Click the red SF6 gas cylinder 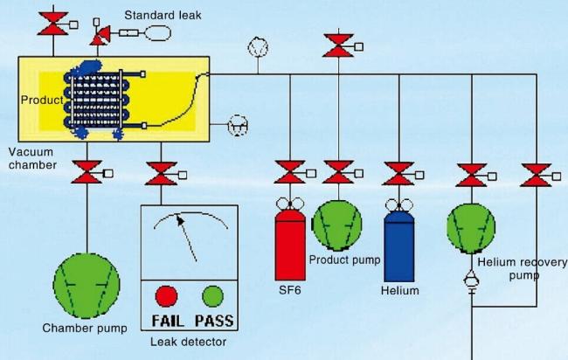pyautogui.click(x=290, y=244)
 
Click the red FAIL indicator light pyautogui.click(x=166, y=294)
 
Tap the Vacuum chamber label pyautogui.click(x=32, y=158)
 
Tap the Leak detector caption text pyautogui.click(x=188, y=342)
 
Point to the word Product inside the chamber pyautogui.click(x=40, y=99)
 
